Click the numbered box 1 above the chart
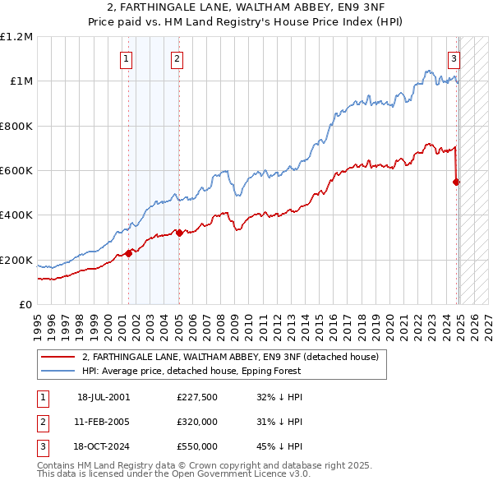click(127, 58)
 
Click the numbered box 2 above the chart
click(177, 58)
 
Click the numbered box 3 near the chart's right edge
click(453, 58)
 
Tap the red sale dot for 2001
click(129, 253)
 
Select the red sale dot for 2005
click(179, 233)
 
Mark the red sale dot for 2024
click(457, 182)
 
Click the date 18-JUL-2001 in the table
click(104, 397)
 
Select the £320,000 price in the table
click(197, 422)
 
